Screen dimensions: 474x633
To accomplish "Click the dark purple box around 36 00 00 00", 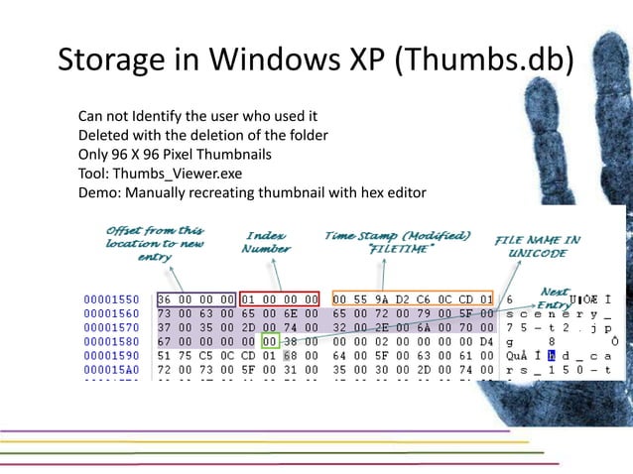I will [196, 297].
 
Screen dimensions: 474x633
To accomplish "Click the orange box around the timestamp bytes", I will [412, 297].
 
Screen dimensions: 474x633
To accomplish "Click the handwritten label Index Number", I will [266, 242].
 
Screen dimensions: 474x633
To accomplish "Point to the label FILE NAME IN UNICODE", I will [538, 246].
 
